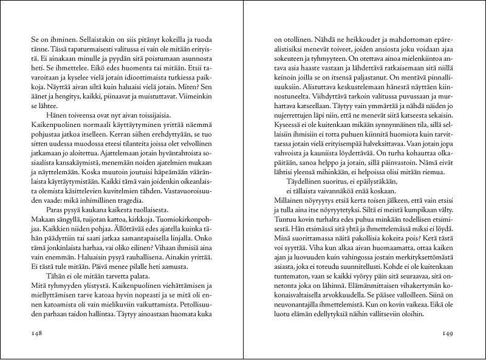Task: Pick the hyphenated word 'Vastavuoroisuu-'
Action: pos(193,197)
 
